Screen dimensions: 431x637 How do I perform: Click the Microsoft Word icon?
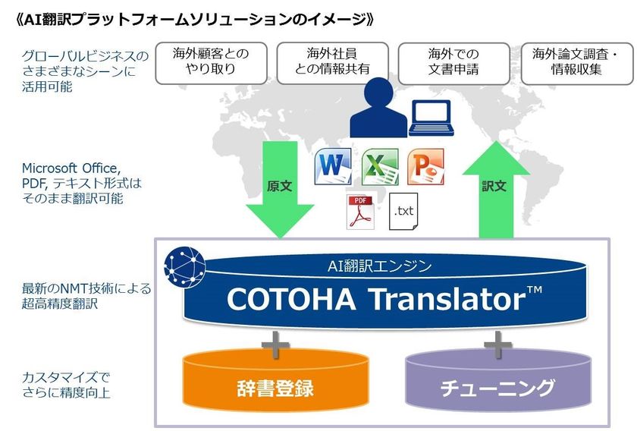334,168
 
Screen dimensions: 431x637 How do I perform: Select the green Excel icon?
380,168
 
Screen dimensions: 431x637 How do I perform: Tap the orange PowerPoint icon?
425,168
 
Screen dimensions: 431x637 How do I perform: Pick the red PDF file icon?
358,212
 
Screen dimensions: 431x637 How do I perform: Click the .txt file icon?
403,211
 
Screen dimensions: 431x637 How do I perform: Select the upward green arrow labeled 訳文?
494,186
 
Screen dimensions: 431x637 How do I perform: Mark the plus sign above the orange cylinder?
275,346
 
